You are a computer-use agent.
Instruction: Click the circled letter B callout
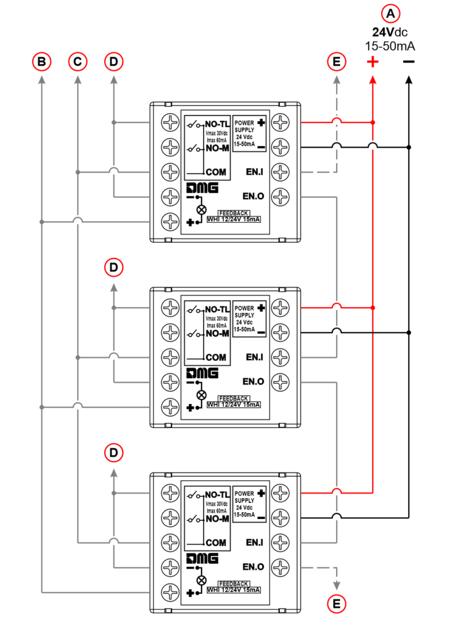(x=41, y=61)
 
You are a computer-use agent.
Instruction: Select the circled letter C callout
(x=77, y=61)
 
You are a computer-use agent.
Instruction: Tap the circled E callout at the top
(x=336, y=61)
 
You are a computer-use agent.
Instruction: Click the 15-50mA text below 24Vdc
(x=390, y=45)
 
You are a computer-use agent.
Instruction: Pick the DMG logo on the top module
(x=203, y=188)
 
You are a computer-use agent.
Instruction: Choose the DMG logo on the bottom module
(x=203, y=558)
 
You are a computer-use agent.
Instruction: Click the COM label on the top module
(x=216, y=172)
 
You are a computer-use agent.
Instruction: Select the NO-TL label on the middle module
(x=217, y=309)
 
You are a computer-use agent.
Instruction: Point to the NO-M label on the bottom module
(x=217, y=519)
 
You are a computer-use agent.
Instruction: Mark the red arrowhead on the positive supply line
(x=372, y=81)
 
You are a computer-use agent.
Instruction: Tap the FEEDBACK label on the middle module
(x=234, y=398)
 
